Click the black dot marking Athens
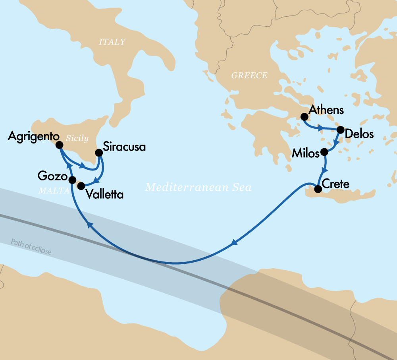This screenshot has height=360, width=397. pyautogui.click(x=304, y=117)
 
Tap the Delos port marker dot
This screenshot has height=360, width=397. pyautogui.click(x=340, y=130)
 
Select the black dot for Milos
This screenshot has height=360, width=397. pyautogui.click(x=324, y=152)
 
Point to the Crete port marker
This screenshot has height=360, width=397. pyautogui.click(x=318, y=189)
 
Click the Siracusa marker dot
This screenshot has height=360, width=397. pyautogui.click(x=99, y=152)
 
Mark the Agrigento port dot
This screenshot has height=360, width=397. pyautogui.click(x=59, y=145)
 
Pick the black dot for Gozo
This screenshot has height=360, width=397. pyautogui.click(x=73, y=180)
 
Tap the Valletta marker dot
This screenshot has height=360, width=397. pyautogui.click(x=81, y=186)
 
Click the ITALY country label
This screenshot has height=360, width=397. pyautogui.click(x=112, y=42)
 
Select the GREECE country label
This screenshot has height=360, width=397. pyautogui.click(x=249, y=75)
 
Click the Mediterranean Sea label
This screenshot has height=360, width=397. pyautogui.click(x=198, y=187)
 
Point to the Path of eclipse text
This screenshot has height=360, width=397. pyautogui.click(x=31, y=247)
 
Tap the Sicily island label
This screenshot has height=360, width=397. pyautogui.click(x=77, y=139)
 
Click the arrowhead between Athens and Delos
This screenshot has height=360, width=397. pyautogui.click(x=320, y=128)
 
